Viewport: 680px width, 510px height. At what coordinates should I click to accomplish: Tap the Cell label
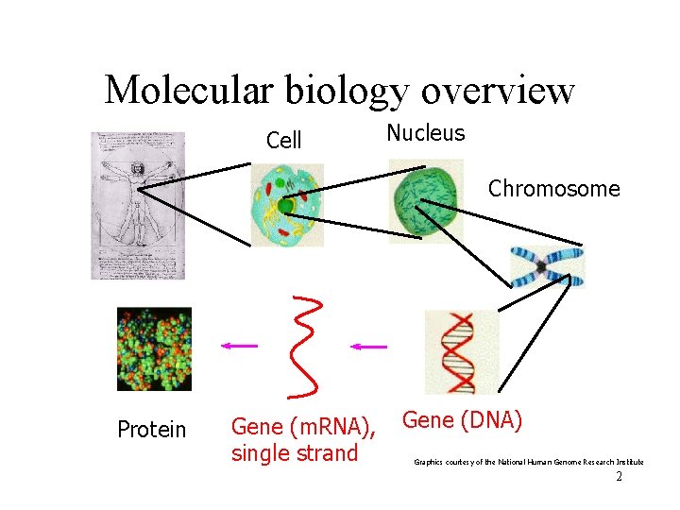tap(283, 141)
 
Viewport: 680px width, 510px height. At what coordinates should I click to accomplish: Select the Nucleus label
tap(426, 133)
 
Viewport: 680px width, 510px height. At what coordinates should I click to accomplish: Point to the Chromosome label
tap(553, 189)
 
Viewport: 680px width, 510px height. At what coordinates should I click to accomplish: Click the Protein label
tap(151, 430)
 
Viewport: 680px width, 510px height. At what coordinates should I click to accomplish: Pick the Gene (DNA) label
tap(463, 420)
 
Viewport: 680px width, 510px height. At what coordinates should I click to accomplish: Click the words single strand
tap(295, 452)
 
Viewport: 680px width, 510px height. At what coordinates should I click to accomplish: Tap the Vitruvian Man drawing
tap(138, 205)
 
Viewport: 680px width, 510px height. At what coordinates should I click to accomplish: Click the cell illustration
tap(286, 205)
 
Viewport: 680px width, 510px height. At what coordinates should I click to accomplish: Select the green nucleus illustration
tap(426, 200)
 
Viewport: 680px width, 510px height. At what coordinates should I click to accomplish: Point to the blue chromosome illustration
tap(547, 266)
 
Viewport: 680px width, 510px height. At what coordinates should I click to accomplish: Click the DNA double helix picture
tap(460, 351)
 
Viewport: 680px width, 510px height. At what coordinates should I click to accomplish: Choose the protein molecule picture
tap(154, 348)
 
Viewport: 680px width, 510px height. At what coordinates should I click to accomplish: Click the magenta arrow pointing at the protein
tap(239, 347)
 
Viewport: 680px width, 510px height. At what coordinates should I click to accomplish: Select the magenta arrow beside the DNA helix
tap(368, 347)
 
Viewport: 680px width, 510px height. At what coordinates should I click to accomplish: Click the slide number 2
tap(619, 477)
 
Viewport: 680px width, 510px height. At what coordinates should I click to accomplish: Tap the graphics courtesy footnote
tap(529, 462)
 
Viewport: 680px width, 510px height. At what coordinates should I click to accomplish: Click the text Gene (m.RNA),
tap(303, 427)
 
